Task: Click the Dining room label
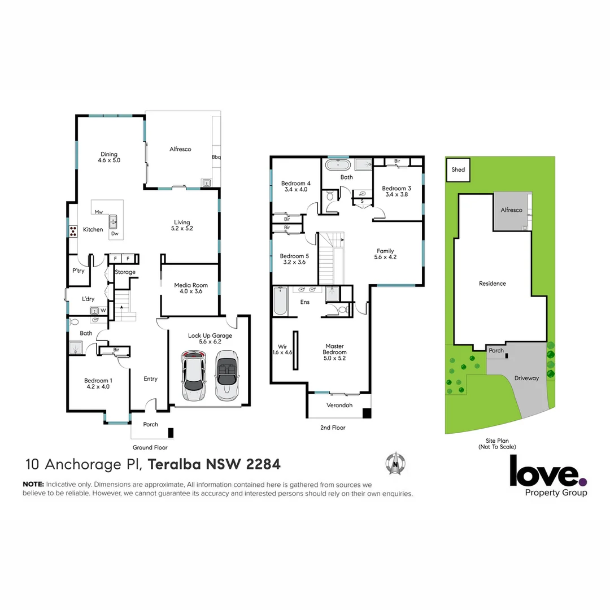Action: [109, 157]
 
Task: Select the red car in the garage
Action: [193, 376]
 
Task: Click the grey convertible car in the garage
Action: [226, 376]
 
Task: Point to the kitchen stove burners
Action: [73, 230]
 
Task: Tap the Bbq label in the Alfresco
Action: [216, 157]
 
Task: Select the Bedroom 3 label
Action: [396, 191]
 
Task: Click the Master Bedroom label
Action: [334, 352]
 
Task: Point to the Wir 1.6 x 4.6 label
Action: [283, 349]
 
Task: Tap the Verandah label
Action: [339, 406]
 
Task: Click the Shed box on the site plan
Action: [458, 170]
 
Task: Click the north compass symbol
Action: [396, 464]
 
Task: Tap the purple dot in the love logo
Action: [583, 482]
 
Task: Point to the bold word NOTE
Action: [33, 485]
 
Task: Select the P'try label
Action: [78, 271]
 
